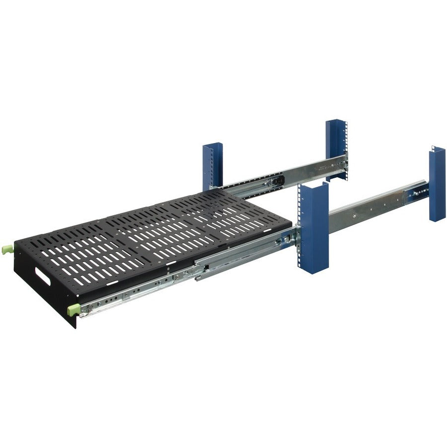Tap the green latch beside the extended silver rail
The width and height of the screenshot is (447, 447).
pyautogui.click(x=74, y=310)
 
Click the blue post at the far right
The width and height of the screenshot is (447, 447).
pyautogui.click(x=437, y=184)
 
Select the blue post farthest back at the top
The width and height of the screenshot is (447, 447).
pyautogui.click(x=336, y=149)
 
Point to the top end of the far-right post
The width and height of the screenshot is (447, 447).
pyautogui.click(x=437, y=149)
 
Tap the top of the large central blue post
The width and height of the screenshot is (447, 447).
pyautogui.click(x=313, y=185)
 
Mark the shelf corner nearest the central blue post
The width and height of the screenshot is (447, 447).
pyautogui.click(x=291, y=226)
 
